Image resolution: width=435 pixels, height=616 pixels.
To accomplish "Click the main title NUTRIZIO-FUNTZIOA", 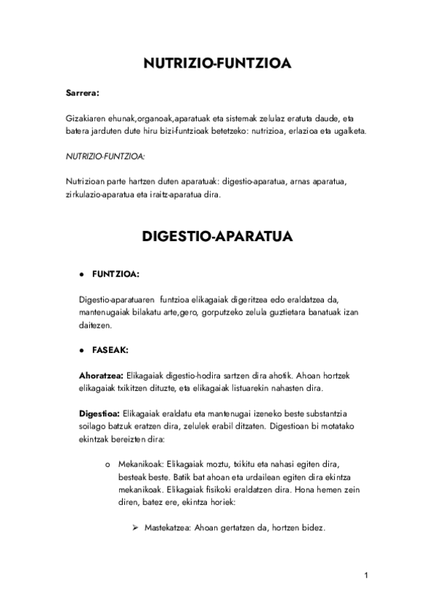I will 217,64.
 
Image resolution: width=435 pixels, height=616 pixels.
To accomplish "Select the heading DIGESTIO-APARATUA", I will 217,237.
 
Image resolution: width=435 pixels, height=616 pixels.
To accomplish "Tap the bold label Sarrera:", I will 82,93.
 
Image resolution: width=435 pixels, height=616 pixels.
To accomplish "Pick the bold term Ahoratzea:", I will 102,376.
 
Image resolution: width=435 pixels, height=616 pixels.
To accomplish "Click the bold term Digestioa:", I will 99,413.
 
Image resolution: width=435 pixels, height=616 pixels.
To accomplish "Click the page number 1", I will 367,576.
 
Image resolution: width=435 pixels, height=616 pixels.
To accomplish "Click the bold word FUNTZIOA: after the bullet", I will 115,275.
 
